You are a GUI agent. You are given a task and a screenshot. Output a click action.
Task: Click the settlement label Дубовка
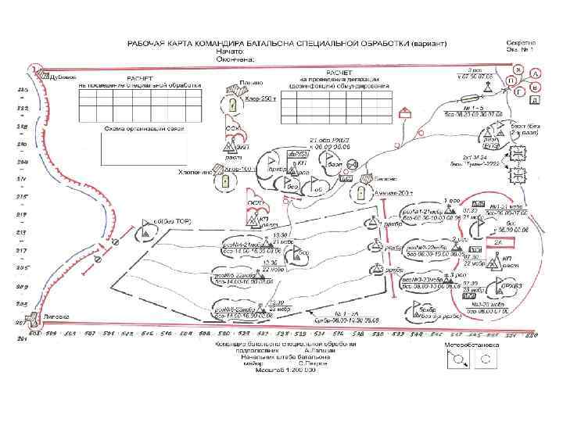[63, 76]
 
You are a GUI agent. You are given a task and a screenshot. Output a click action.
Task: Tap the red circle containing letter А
[536, 74]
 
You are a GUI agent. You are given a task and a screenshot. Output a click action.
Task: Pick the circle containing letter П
[511, 80]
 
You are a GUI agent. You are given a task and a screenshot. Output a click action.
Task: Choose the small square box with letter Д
[534, 100]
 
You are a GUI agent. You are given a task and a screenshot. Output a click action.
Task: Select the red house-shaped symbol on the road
[405, 113]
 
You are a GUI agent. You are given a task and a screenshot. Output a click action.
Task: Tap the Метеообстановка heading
[473, 343]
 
